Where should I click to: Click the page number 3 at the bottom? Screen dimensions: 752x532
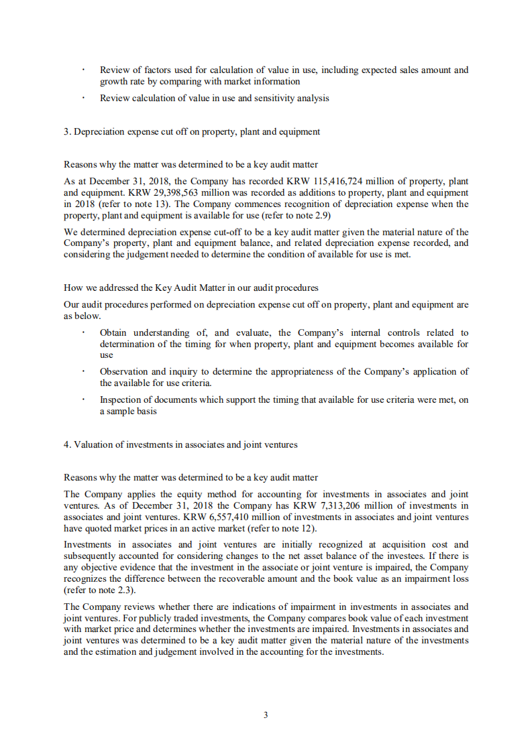(x=266, y=715)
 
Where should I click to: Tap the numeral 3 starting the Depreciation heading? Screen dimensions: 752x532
(x=66, y=131)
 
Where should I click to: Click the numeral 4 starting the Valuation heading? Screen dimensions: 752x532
(x=66, y=444)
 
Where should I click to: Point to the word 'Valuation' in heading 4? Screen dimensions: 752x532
(x=93, y=444)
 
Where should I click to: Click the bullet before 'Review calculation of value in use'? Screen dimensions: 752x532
(x=84, y=99)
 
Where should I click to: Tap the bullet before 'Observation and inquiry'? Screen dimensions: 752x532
(x=84, y=372)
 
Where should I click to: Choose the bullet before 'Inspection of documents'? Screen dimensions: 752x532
(x=84, y=400)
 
